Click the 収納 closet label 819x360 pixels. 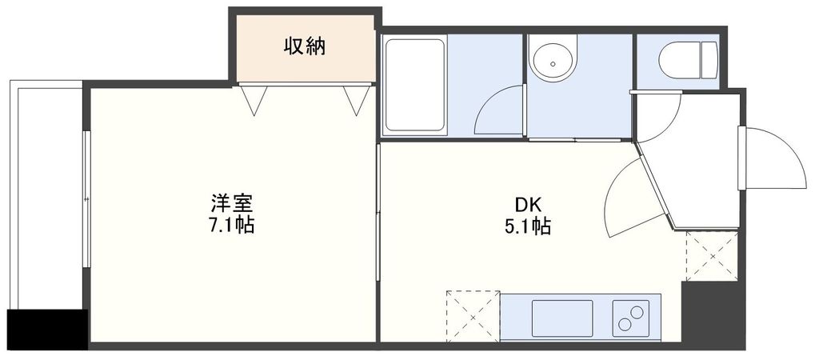tap(305, 46)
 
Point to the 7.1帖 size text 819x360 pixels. tap(231, 226)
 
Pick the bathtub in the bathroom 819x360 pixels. tap(414, 86)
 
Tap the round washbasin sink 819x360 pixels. tap(553, 60)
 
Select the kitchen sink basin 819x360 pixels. tap(562, 318)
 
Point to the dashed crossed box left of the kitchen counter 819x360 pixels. tap(472, 316)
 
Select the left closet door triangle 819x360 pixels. tap(256, 99)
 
